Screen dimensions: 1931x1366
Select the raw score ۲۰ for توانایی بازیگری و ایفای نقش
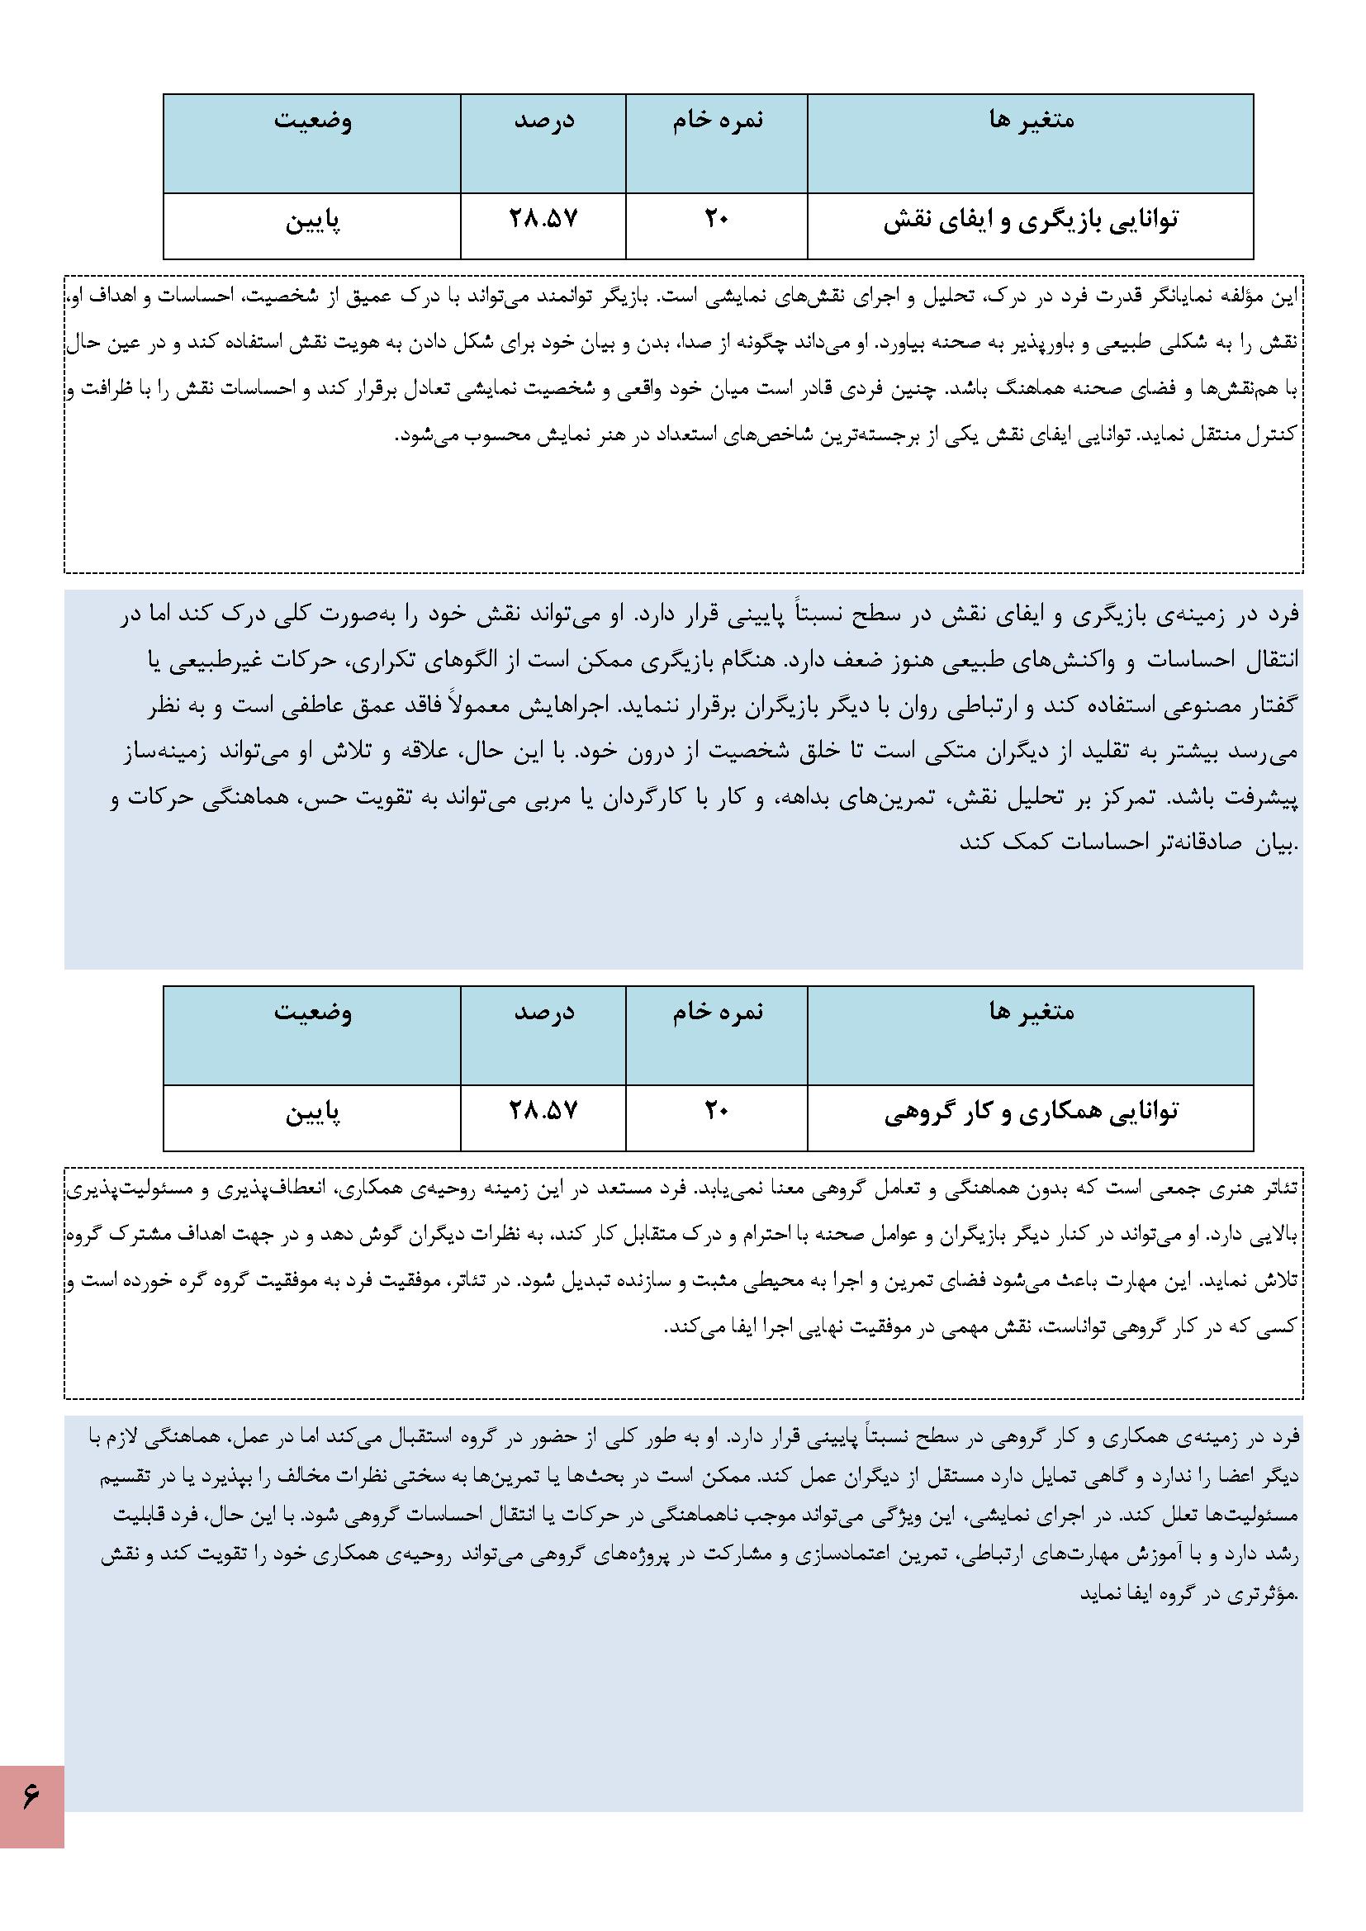(x=716, y=220)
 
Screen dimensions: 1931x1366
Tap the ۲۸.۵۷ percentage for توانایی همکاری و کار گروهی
(x=543, y=1111)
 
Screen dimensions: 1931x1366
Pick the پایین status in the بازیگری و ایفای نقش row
(x=312, y=222)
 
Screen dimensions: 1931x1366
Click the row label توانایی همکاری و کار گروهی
(x=1031, y=1113)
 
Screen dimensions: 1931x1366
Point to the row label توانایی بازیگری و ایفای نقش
(x=1031, y=221)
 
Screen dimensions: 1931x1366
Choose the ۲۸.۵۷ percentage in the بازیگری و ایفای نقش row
(x=543, y=220)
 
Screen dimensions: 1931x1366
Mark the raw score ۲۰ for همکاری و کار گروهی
(x=716, y=1111)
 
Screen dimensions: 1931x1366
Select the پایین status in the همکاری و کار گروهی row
(x=312, y=1113)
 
